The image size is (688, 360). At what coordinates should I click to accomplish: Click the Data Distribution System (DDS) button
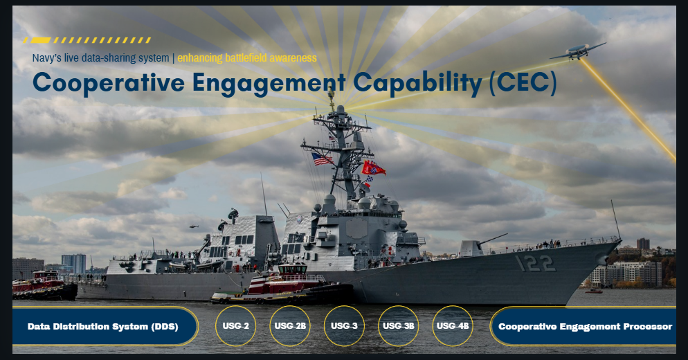pos(102,326)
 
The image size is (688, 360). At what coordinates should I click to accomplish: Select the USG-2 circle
pos(236,325)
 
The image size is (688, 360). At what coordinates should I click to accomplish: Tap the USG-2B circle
pos(290,325)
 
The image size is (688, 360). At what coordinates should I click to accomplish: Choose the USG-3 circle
pos(344,325)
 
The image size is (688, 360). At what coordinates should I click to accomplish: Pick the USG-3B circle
pos(399,325)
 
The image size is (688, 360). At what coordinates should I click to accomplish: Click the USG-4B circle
pos(453,325)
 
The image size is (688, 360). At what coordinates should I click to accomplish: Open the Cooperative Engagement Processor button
pos(585,326)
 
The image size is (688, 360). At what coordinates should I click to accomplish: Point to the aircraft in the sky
pos(577,51)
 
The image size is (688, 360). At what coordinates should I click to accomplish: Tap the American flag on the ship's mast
pos(322,159)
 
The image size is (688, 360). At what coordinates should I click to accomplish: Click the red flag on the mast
pos(373,168)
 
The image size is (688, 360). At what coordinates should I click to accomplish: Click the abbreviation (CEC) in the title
pos(523,82)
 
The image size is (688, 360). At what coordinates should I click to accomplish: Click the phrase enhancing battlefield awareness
pos(247,57)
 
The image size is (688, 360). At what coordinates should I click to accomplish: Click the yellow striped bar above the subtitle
pos(87,40)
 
